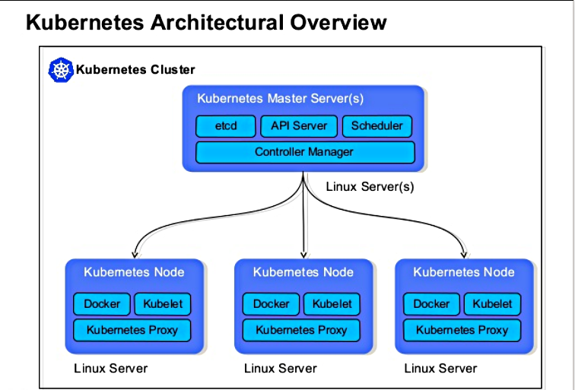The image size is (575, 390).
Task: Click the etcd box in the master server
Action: tap(226, 126)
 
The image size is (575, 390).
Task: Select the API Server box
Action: tap(298, 126)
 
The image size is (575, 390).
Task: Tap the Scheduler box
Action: tap(377, 126)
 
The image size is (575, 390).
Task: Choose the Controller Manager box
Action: tap(304, 152)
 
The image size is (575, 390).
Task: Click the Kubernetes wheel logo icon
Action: tap(60, 69)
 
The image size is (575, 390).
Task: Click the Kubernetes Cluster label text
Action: tap(135, 70)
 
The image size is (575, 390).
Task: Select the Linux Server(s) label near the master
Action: tap(370, 186)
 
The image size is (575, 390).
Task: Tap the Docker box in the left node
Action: tap(102, 304)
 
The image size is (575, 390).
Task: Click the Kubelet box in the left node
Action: tap(163, 304)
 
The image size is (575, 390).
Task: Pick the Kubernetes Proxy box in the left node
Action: tap(132, 330)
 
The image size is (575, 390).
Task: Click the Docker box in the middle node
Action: tap(271, 304)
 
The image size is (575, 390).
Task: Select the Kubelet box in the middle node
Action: tap(332, 304)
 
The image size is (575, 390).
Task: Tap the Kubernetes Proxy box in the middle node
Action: tap(301, 330)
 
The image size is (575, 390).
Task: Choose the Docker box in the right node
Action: tap(431, 304)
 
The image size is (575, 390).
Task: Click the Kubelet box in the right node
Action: tap(492, 304)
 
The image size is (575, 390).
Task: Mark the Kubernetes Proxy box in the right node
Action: tap(462, 330)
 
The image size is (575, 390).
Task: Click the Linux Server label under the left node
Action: tap(110, 369)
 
